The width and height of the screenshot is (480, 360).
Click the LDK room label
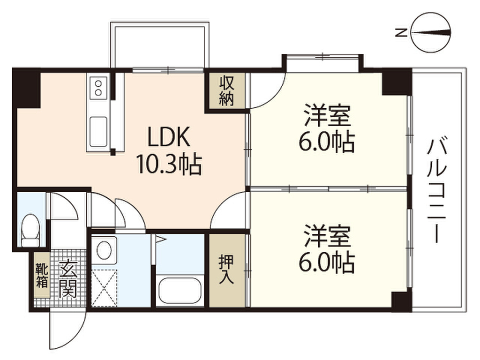click(169, 137)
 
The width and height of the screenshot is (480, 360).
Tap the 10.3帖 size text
click(169, 165)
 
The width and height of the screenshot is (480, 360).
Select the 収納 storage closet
click(226, 91)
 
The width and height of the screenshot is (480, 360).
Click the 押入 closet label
click(226, 270)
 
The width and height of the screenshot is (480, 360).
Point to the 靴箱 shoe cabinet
click(42, 275)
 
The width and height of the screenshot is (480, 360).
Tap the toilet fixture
click(30, 230)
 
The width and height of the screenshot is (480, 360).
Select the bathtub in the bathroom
click(180, 291)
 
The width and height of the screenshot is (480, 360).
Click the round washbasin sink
click(104, 250)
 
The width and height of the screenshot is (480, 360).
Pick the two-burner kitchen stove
click(98, 88)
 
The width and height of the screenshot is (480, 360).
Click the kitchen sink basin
click(98, 132)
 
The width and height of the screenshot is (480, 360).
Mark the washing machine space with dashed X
click(105, 288)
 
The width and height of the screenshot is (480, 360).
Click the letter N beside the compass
click(401, 32)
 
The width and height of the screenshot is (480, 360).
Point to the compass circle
click(431, 32)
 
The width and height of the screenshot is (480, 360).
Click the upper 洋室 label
click(327, 116)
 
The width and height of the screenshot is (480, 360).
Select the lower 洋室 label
click(327, 236)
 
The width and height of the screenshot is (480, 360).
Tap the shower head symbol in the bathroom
click(160, 239)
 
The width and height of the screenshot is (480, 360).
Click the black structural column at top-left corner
click(27, 88)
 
